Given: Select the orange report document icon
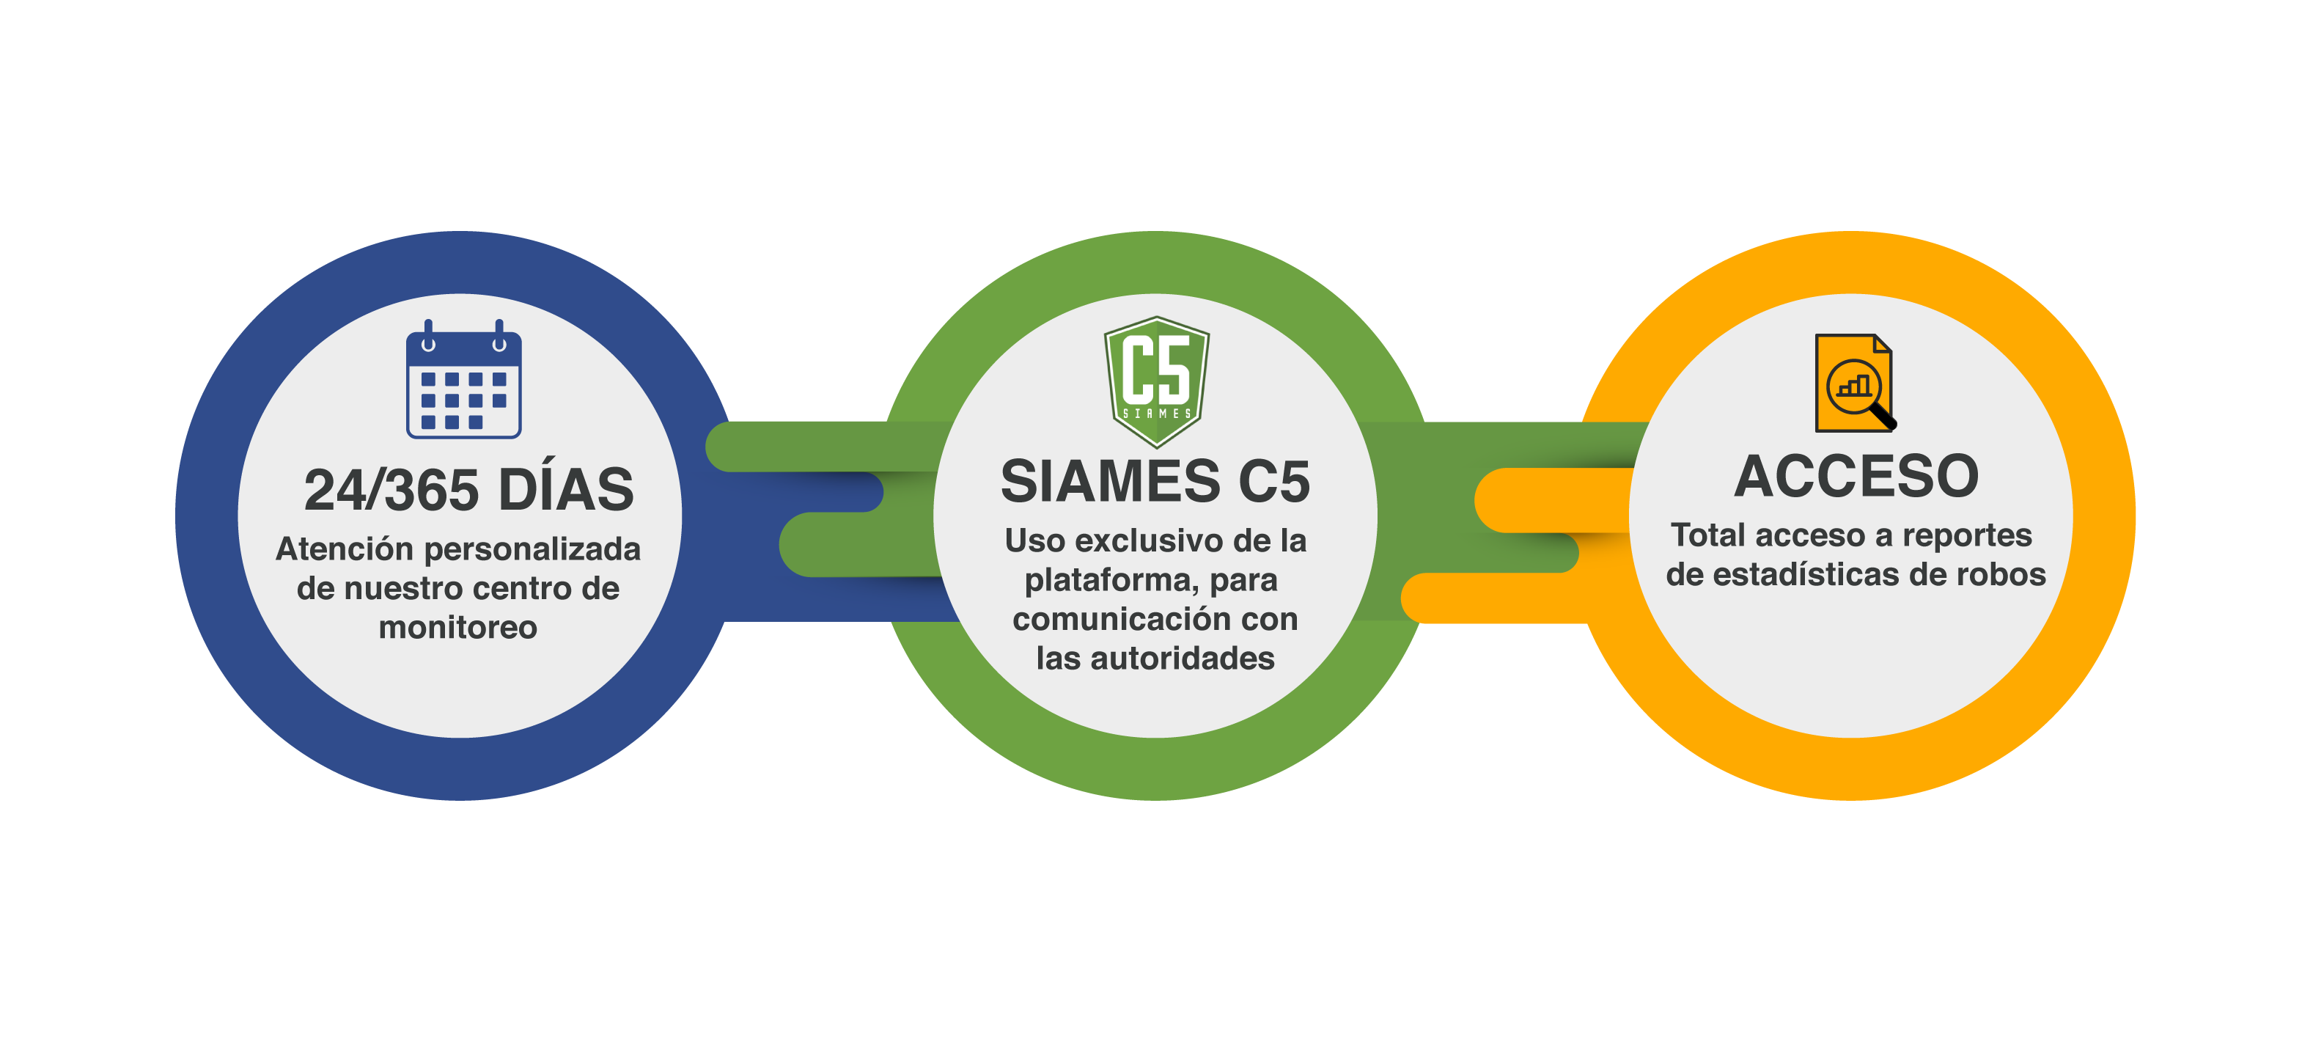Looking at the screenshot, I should (x=1854, y=384).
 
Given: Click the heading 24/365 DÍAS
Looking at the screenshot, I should (x=469, y=490).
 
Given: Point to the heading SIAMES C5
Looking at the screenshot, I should (x=1155, y=481).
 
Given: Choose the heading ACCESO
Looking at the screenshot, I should (x=1856, y=476).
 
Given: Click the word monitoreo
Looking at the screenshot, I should (x=458, y=627).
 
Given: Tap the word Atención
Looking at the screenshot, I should (x=345, y=549).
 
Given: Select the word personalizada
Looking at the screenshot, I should (x=532, y=549).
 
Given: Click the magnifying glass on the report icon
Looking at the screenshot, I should (x=1860, y=394).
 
